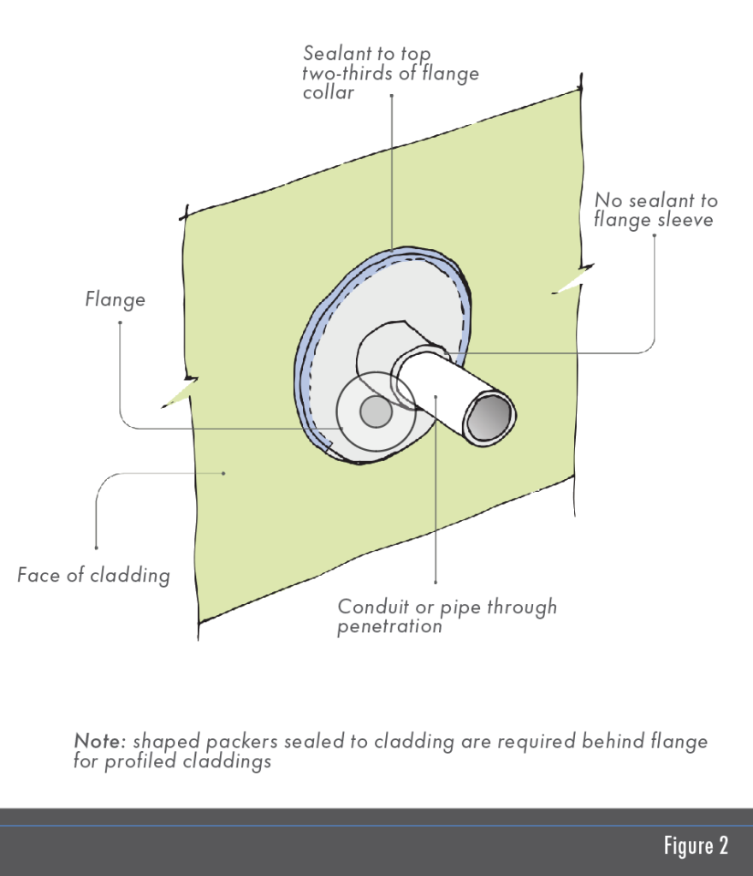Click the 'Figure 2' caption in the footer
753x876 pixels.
tap(695, 846)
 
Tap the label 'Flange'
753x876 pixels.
tap(115, 299)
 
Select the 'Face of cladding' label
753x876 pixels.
tap(93, 575)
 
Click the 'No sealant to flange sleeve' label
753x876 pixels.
tap(655, 210)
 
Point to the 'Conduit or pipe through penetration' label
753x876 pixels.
tap(447, 616)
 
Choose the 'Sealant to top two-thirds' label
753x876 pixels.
tap(389, 73)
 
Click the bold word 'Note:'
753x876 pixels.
tap(100, 741)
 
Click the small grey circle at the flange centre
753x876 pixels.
tap(375, 413)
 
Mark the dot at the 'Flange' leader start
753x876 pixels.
tap(119, 323)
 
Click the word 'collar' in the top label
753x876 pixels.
tap(328, 92)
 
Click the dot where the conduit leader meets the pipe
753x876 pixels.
tap(436, 396)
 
